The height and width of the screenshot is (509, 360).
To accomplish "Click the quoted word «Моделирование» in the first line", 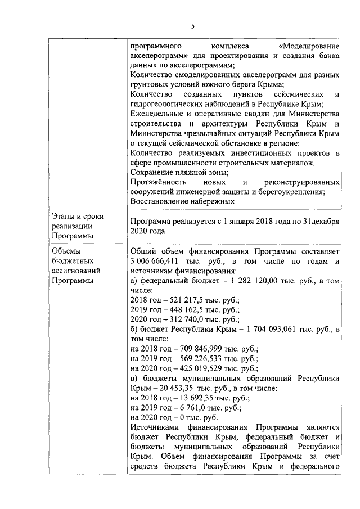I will (x=309, y=45).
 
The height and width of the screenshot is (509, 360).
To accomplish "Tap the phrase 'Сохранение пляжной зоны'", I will (x=178, y=172).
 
